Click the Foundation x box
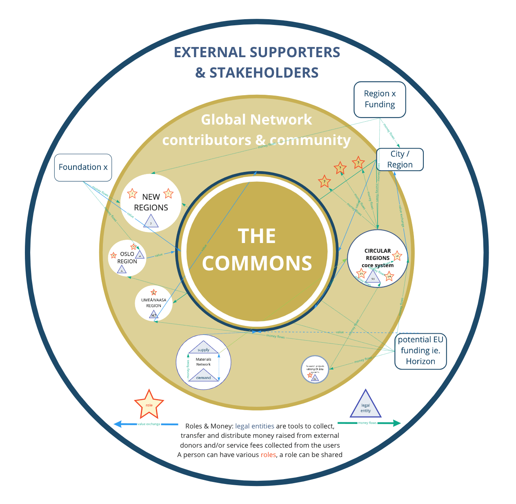point(83,167)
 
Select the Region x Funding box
point(380,99)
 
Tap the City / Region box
point(400,159)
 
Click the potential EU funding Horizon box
point(420,350)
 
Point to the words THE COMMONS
point(257,250)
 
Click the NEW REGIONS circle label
point(151,202)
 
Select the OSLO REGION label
point(127,258)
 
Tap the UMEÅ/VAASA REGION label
point(153,303)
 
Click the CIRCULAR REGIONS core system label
point(378,258)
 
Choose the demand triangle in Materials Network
point(203,375)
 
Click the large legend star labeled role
point(149,404)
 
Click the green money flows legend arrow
point(369,423)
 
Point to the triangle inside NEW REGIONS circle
point(151,222)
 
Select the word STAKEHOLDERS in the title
point(264,73)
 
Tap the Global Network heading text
point(256,120)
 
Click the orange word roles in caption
point(268,455)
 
